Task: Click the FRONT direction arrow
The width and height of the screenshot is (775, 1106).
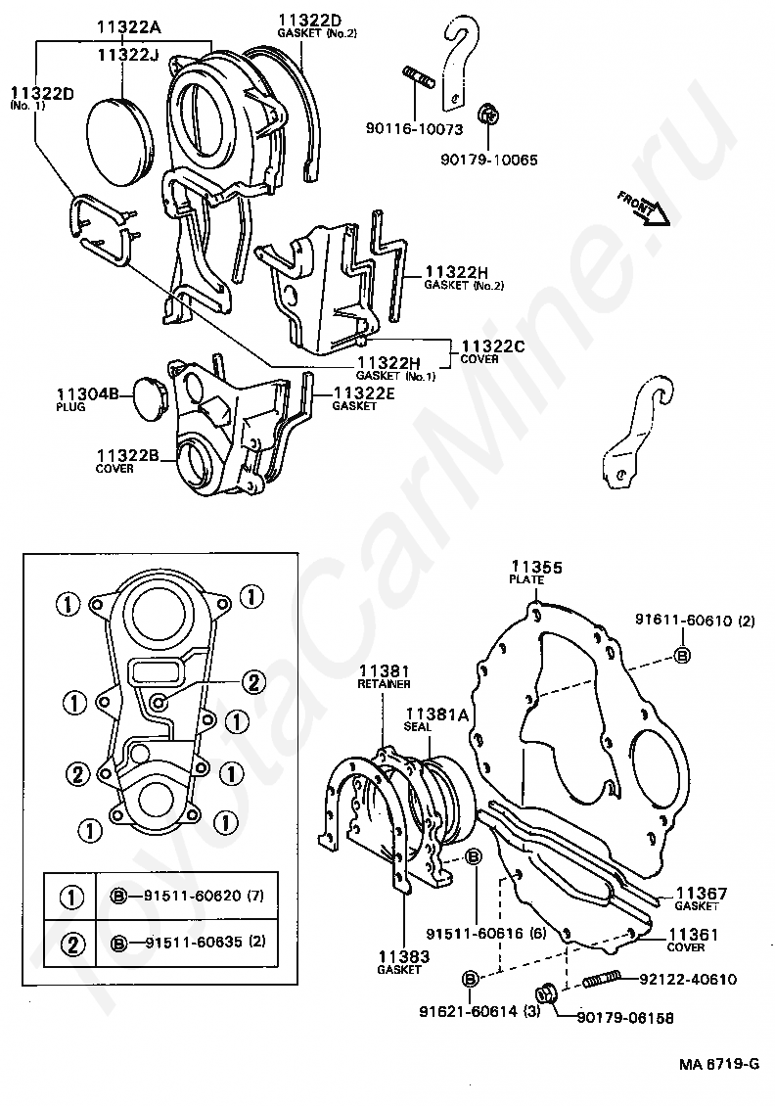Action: click(644, 209)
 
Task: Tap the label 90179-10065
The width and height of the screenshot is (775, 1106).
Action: click(488, 160)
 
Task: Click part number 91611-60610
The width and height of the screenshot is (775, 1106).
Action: click(686, 620)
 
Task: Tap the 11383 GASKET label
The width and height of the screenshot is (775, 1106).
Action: click(399, 960)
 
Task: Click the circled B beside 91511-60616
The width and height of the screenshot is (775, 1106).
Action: click(472, 857)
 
